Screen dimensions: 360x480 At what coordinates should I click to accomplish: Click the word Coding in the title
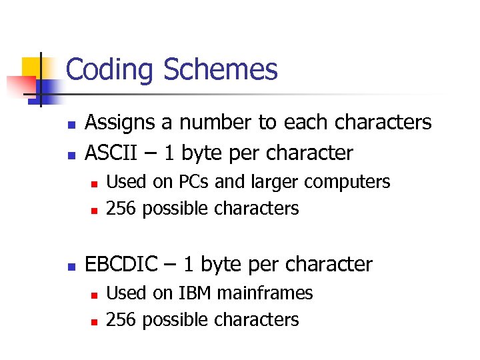point(111,70)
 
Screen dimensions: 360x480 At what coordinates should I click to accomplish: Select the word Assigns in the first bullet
point(124,123)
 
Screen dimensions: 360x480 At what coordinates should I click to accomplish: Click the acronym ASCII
point(109,153)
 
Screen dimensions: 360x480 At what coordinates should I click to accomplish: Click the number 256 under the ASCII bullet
point(121,209)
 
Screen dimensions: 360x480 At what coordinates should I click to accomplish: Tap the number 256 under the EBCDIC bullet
point(121,320)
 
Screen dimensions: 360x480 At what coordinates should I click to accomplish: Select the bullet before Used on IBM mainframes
point(94,294)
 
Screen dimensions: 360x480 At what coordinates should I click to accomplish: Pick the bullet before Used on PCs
point(94,183)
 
